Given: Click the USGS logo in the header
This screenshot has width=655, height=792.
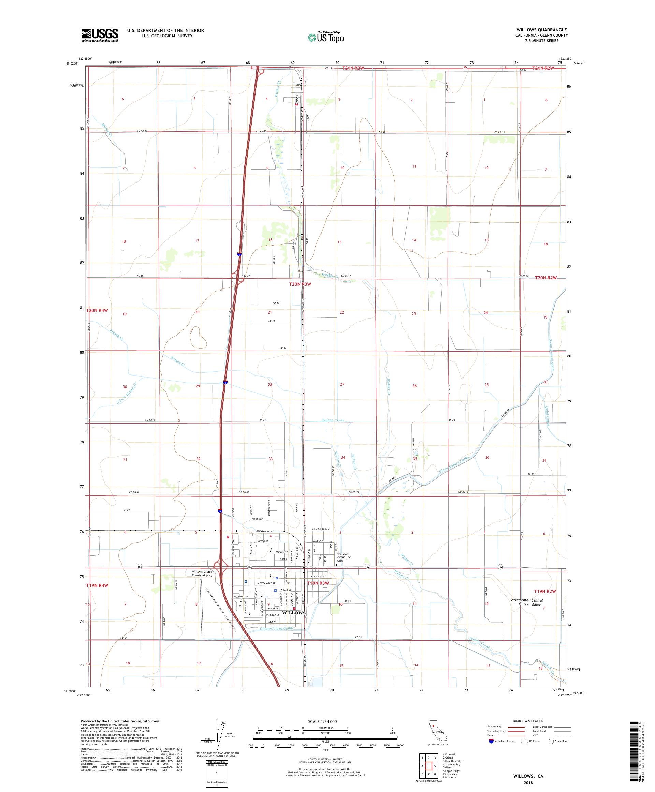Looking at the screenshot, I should coord(100,35).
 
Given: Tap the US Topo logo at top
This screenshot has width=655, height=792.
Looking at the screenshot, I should coord(326,37).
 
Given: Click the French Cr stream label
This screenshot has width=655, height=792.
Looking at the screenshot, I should coord(117,335).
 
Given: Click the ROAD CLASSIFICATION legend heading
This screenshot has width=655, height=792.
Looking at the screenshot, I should coord(528,721).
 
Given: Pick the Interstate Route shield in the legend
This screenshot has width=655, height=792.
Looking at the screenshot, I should coord(491,741).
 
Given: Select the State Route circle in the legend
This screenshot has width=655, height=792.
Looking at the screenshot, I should coord(551,741).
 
